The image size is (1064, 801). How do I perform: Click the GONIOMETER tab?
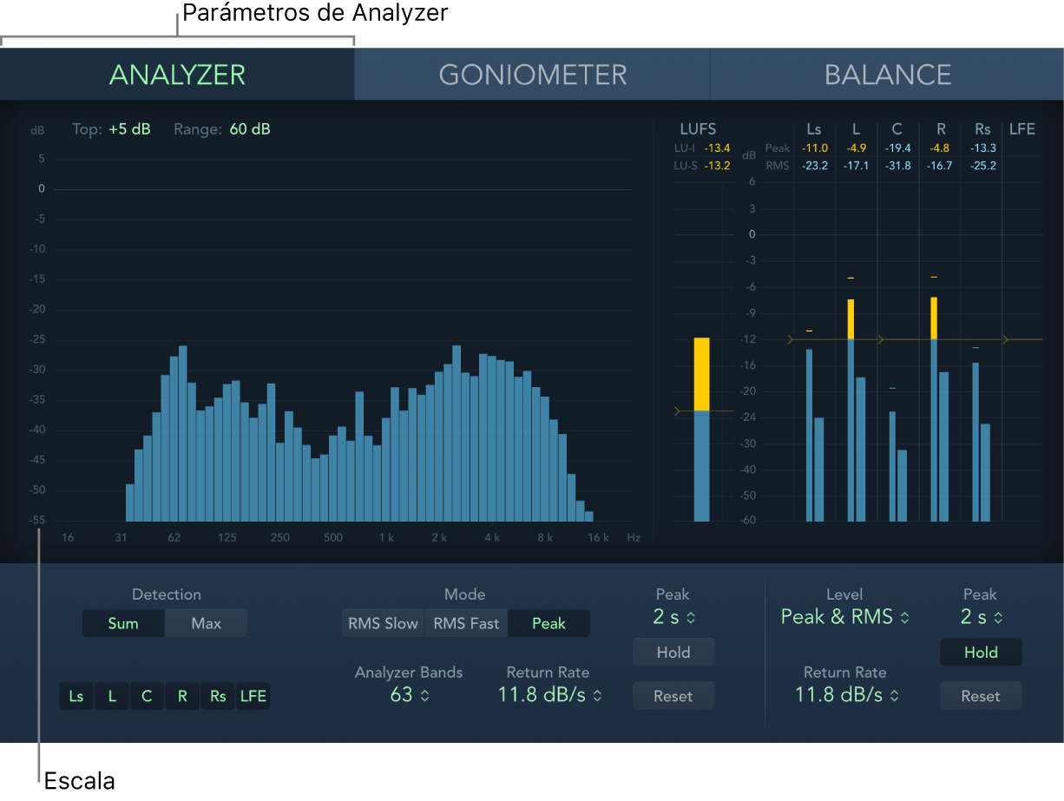(532, 75)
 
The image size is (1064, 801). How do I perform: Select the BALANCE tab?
(887, 75)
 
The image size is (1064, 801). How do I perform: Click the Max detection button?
(206, 623)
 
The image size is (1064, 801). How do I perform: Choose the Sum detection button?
(123, 623)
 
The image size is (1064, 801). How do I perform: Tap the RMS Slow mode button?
(383, 623)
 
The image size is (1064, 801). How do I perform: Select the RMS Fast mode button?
(466, 623)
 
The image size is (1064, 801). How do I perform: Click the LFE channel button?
(253, 696)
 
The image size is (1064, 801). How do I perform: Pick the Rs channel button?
(218, 696)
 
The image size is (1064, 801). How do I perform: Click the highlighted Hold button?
(981, 653)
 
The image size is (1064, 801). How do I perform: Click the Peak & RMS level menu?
(844, 617)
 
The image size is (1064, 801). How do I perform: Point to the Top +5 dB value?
(129, 129)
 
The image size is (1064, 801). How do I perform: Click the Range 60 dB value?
(250, 129)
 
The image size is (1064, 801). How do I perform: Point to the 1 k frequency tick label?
(386, 538)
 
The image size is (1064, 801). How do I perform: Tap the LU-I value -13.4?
(717, 148)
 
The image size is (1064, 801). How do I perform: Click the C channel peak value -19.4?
(897, 148)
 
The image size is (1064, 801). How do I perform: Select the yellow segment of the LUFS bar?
(701, 374)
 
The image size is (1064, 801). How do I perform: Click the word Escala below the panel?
(79, 780)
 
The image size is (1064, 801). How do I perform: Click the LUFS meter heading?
(698, 129)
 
